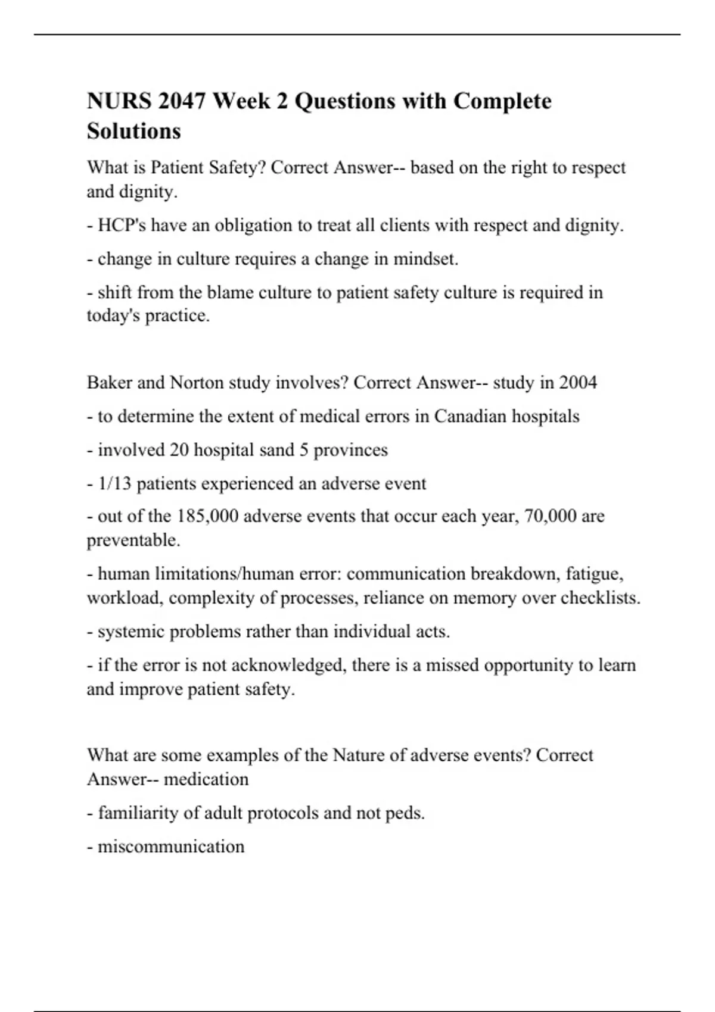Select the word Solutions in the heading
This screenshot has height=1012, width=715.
coord(133,131)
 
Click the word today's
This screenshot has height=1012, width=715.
coord(113,316)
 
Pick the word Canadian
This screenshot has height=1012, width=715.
coord(470,416)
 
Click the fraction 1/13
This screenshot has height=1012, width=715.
coord(114,483)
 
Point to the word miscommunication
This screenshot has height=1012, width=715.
coord(171,847)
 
